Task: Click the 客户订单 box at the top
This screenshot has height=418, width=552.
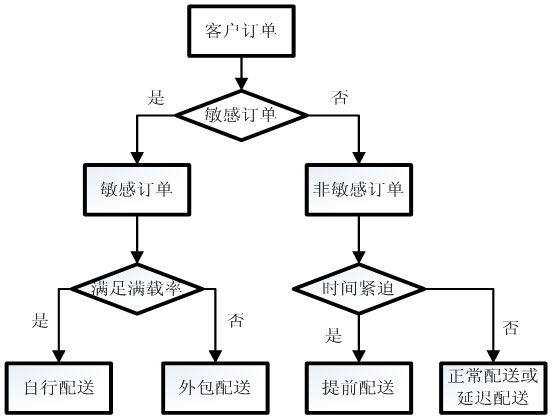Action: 239,32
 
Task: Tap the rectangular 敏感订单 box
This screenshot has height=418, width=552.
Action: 137,188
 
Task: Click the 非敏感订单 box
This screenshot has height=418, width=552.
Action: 357,188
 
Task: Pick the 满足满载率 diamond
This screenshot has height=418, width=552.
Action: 138,289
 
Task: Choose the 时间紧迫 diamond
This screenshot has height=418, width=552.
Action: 357,289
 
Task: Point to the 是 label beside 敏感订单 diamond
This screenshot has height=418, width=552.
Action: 155,97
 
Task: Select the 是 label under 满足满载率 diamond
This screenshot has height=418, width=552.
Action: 41,322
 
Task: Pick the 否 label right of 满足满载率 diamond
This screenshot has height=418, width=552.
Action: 236,321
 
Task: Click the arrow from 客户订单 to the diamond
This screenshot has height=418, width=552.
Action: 239,73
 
